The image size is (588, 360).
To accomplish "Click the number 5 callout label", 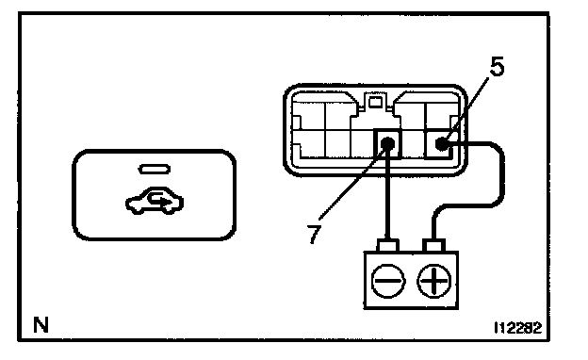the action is point(497,67).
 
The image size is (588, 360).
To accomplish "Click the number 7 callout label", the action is point(314,234).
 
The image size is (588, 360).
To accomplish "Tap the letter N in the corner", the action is point(41,325).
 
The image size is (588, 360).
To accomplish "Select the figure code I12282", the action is point(518,328).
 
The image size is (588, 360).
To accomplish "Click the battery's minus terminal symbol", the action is point(388,281).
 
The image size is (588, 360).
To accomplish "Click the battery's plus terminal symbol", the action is point(434,281).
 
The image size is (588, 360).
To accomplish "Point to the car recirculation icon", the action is point(155,201).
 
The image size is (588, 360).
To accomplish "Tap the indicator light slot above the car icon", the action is point(155,169).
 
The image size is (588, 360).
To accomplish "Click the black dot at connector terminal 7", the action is point(387,143).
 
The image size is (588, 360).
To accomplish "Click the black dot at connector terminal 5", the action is point(442,143).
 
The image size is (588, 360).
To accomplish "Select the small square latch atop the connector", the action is point(375,102).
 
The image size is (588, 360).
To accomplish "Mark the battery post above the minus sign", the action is point(388,246).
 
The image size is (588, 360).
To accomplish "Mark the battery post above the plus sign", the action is point(434,246).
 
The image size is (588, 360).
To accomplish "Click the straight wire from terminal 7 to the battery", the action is point(387,195).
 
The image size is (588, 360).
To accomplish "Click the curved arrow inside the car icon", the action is point(158,199).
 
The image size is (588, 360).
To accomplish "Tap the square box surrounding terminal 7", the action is point(387,143).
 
